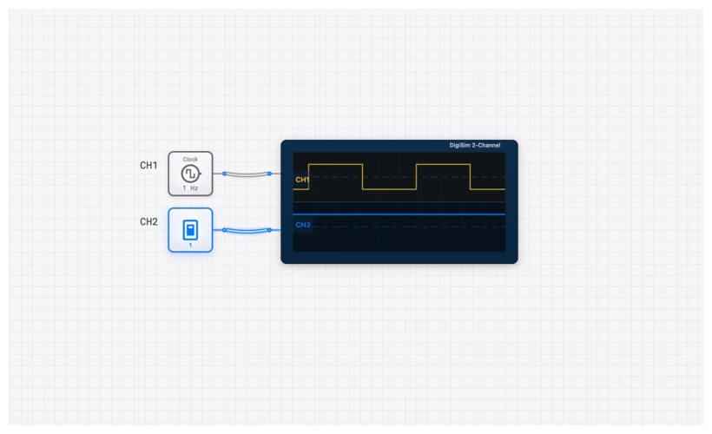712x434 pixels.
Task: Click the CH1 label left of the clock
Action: coord(148,165)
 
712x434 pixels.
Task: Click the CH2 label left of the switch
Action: coord(148,221)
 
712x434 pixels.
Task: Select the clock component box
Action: coord(190,174)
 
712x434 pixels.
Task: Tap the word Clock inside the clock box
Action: coord(190,160)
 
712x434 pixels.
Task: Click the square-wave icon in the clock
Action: coord(190,174)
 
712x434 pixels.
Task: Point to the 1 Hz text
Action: coord(190,188)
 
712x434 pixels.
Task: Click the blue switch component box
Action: coord(190,230)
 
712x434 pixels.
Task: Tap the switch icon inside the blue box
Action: coord(190,229)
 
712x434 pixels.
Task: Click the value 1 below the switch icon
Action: coord(190,245)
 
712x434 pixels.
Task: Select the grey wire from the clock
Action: coord(247,175)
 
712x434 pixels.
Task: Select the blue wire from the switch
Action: coord(247,231)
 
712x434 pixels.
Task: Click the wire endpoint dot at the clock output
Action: coord(224,174)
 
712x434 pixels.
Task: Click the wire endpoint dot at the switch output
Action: coord(224,230)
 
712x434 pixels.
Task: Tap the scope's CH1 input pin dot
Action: coord(269,174)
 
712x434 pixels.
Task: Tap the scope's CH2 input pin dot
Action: coord(269,230)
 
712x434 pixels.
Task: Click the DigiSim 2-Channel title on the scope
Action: coord(474,146)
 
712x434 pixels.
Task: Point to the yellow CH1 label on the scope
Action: coord(302,180)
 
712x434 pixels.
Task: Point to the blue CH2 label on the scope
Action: coord(302,225)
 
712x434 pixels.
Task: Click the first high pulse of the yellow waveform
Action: coord(335,164)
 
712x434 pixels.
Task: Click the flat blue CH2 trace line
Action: coord(399,214)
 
